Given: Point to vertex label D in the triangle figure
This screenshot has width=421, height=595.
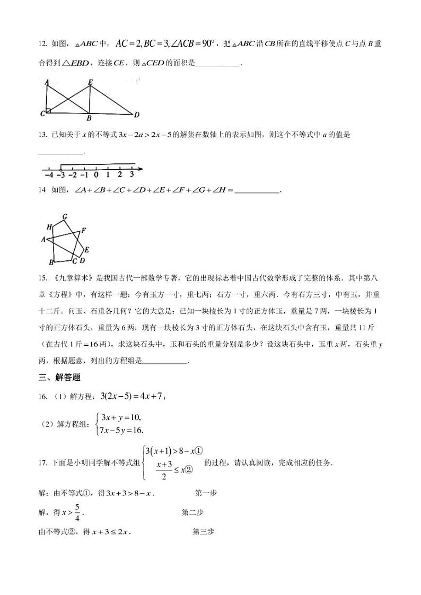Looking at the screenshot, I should coord(136,115).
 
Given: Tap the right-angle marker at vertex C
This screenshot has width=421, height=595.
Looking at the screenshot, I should coord(48,111).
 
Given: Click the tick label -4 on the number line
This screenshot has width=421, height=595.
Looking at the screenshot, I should coord(49,174).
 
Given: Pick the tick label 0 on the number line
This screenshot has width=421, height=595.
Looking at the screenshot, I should coord(96,174).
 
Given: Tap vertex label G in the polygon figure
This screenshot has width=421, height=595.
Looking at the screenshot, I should coord(64,216).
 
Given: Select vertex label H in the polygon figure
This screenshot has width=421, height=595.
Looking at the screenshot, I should coord(49,227).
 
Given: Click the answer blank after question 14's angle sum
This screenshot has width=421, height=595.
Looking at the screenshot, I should coord(256,191).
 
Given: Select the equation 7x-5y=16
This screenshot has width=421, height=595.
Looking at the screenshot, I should coord(121,430).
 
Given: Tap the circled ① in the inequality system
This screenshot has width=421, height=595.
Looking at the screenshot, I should coord(199,451).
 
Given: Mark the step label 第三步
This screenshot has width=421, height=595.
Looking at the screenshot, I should coord(203,531).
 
